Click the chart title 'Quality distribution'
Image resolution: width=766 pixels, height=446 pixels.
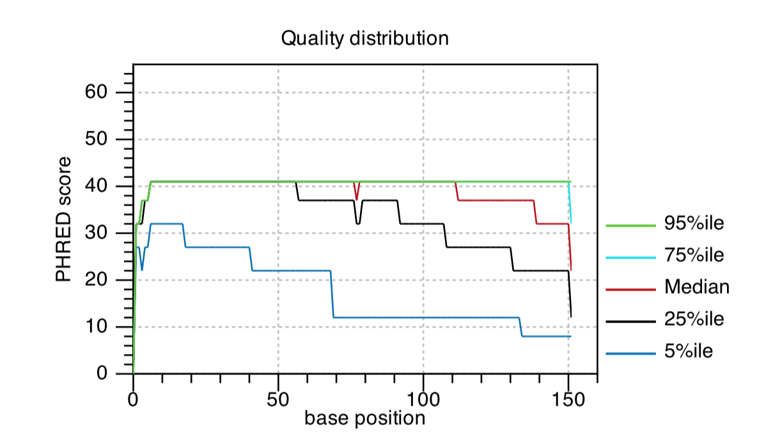pos(364,38)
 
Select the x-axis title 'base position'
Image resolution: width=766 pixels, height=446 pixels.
pos(364,419)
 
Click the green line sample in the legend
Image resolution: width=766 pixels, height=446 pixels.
pos(630,226)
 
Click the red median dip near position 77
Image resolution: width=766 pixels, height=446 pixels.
pos(356,196)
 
